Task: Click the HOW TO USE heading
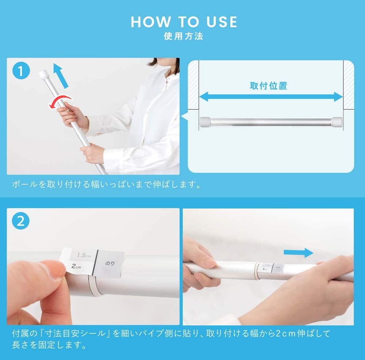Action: click(x=184, y=22)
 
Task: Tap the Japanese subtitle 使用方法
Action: click(x=184, y=37)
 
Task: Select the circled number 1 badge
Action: click(x=21, y=71)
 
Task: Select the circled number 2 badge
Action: click(x=21, y=221)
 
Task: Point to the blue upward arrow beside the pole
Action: click(x=61, y=76)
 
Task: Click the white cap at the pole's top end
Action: click(x=43, y=75)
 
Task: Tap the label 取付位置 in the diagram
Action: click(x=268, y=86)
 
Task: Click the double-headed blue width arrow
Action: click(x=271, y=96)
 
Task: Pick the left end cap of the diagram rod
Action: click(x=205, y=122)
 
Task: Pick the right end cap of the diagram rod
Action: click(x=337, y=122)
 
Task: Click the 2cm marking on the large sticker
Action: click(x=76, y=266)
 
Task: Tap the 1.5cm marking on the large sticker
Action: click(x=84, y=255)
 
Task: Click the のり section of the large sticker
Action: click(x=110, y=263)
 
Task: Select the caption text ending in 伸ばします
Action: click(x=106, y=185)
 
